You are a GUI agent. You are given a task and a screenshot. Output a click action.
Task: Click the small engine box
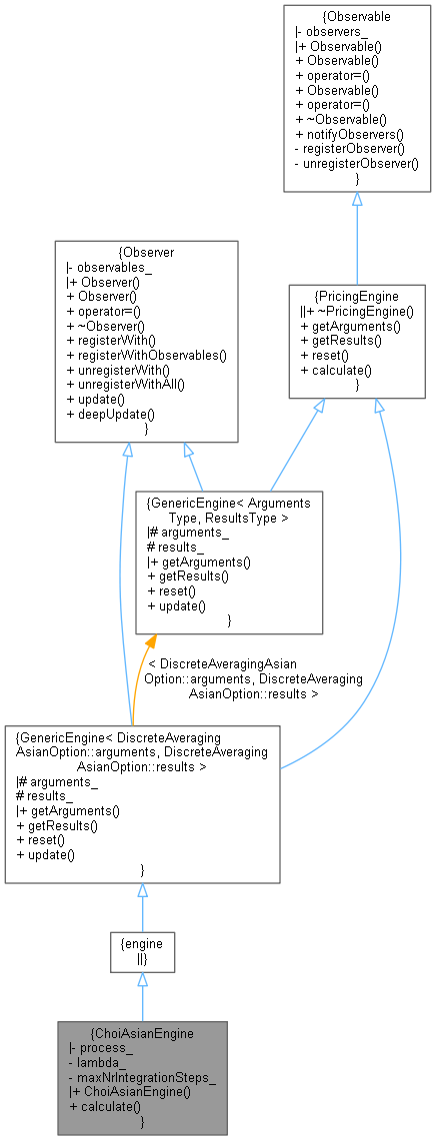[142, 952]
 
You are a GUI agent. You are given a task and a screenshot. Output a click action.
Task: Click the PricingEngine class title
[356, 295]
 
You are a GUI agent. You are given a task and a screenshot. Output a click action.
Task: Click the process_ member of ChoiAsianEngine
[98, 1047]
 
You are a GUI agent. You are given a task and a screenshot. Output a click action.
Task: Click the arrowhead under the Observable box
[357, 200]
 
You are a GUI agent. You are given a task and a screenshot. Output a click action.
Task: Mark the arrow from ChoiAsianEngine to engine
[142, 997]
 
